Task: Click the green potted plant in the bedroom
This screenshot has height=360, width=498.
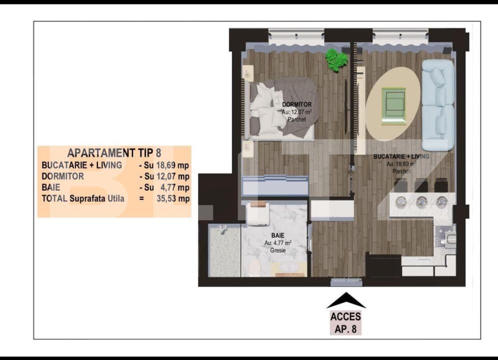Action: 336,59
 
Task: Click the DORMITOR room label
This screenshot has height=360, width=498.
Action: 296,104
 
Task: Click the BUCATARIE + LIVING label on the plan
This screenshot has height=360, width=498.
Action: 401,156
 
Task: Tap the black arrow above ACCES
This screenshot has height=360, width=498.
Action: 346,300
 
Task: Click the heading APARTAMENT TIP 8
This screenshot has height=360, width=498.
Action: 114,153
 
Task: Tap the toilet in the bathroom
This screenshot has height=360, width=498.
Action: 255,265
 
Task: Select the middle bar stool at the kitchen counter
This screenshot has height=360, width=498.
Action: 421,201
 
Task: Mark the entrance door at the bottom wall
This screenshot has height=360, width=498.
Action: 346,282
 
